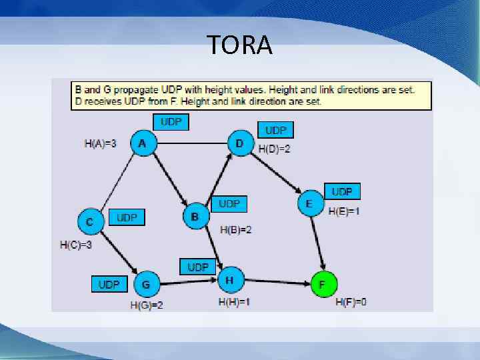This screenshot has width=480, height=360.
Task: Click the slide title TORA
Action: [240, 45]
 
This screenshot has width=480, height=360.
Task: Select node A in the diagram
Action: [142, 143]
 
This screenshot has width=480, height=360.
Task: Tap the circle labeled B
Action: [195, 217]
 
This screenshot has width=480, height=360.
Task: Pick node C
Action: [90, 221]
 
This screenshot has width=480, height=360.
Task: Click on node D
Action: [239, 143]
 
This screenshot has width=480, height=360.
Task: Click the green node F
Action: [323, 285]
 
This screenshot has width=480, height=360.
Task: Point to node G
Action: [145, 285]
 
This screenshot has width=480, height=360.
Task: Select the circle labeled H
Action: [229, 280]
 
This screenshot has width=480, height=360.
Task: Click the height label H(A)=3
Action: [101, 143]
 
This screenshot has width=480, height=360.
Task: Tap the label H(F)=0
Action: [351, 302]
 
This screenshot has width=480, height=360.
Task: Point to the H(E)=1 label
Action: [344, 211]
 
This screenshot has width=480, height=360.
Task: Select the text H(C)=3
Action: [75, 245]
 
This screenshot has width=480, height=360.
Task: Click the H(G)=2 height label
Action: [147, 305]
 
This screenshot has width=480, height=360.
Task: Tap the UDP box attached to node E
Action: [341, 191]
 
